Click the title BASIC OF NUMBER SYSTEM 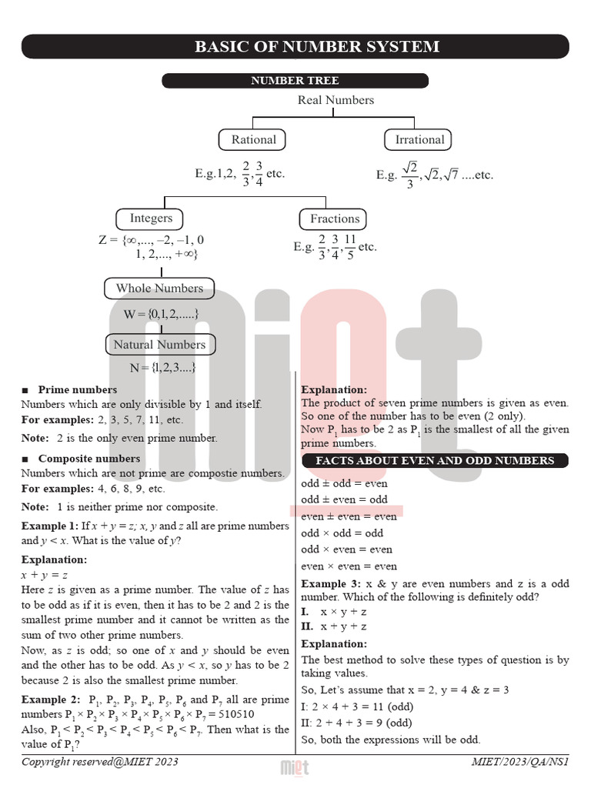(x=317, y=47)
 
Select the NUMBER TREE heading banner (x=295, y=81)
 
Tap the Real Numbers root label (x=336, y=100)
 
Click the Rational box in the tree (x=253, y=140)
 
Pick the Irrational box (x=419, y=140)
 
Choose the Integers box (x=151, y=219)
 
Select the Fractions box (x=334, y=219)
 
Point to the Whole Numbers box (x=159, y=289)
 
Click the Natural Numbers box (x=159, y=345)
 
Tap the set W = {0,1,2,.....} (x=161, y=314)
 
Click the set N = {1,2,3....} (x=162, y=368)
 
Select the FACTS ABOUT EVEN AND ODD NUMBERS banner (x=435, y=461)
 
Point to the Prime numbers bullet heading (x=77, y=390)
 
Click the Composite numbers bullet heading (x=88, y=459)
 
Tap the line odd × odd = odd (x=342, y=533)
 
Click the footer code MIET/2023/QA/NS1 (x=519, y=762)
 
